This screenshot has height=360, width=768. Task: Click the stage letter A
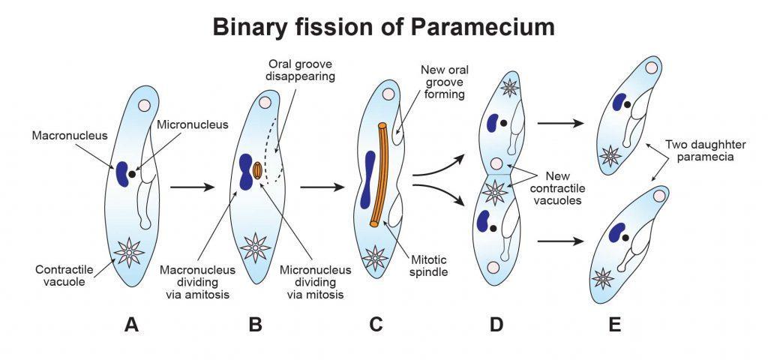[x=132, y=325]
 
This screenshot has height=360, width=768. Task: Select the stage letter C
[x=376, y=325]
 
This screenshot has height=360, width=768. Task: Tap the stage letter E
[x=616, y=325]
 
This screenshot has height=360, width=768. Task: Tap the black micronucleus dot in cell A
[x=133, y=174]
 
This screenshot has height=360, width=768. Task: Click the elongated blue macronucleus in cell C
[x=367, y=179]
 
